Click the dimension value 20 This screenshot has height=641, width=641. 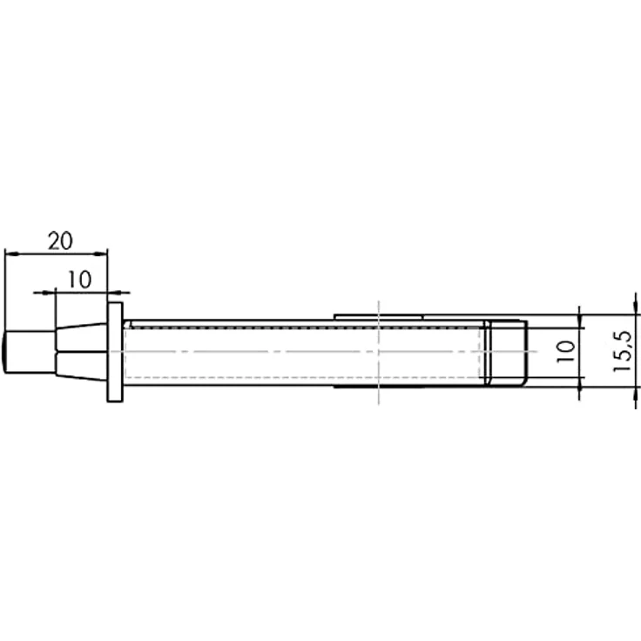[60, 240]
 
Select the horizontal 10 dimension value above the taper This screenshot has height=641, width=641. [79, 280]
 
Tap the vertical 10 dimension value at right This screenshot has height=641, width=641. [566, 352]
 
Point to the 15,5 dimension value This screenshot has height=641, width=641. [623, 351]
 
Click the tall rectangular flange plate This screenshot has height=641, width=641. [115, 353]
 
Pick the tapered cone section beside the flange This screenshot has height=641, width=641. [81, 352]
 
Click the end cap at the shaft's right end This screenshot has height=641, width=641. [506, 353]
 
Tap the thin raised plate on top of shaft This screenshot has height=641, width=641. [379, 317]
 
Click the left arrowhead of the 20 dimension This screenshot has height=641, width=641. [11, 254]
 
